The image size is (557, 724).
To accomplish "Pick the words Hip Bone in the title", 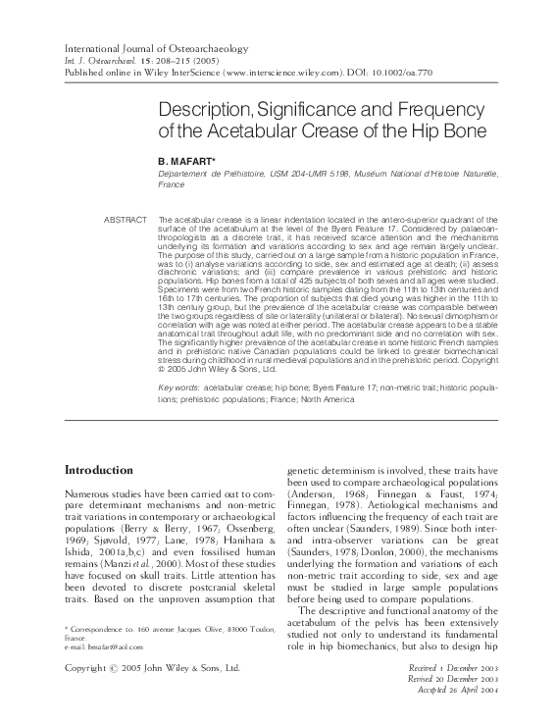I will click(418, 129).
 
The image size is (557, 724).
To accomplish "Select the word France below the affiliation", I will click(172, 183).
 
